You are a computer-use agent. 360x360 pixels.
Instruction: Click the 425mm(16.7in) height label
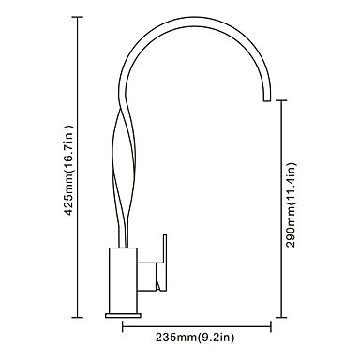click(68, 171)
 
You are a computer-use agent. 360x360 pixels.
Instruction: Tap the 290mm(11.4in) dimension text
click(291, 204)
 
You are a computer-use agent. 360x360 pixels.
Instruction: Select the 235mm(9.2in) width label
click(195, 337)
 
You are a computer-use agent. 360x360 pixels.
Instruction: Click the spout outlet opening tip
click(267, 101)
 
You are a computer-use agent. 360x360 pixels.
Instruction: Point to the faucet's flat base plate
click(123, 315)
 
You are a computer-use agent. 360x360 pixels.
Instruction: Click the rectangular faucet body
click(123, 280)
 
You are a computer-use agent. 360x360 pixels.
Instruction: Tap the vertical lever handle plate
click(164, 262)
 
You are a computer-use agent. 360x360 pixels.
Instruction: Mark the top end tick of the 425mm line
click(78, 17)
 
